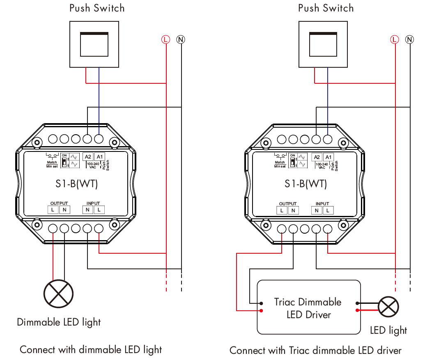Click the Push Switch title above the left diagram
tap(97, 8)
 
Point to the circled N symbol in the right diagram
tap(409, 39)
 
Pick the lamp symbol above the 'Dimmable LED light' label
tap(59, 294)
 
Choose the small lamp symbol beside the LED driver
tap(388, 307)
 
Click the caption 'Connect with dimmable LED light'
tap(91, 350)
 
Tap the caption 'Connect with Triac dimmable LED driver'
tap(315, 351)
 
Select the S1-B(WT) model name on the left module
tap(77, 183)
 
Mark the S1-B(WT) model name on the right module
tap(306, 183)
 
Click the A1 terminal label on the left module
tap(99, 156)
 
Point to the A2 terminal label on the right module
tap(317, 157)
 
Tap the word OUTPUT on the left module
tap(59, 203)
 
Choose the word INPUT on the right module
tap(322, 204)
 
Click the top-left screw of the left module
tap(37, 142)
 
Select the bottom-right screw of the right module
tap(342, 225)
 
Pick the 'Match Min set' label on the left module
tap(52, 164)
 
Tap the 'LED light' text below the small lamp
tap(388, 330)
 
